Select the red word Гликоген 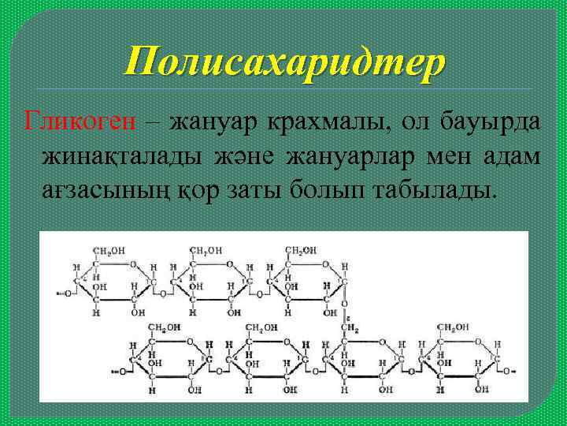pyautogui.click(x=80, y=123)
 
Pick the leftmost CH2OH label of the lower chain pyautogui.click(x=164, y=327)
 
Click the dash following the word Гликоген pyautogui.click(x=153, y=125)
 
